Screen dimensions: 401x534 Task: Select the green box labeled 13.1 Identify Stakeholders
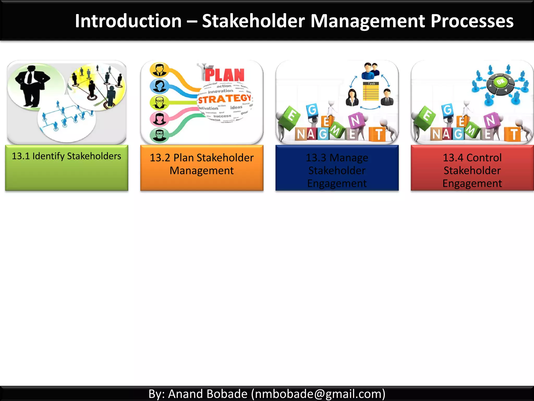(x=66, y=168)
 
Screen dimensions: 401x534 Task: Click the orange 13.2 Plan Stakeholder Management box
(x=202, y=168)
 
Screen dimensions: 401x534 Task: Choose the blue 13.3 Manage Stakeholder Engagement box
(x=337, y=168)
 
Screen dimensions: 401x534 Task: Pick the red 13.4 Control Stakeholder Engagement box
(x=472, y=168)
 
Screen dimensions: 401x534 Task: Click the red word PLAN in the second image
(x=224, y=75)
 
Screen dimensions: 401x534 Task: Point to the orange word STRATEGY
(x=224, y=99)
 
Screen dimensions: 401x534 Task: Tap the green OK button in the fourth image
(x=500, y=82)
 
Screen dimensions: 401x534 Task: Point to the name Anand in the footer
(x=181, y=394)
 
